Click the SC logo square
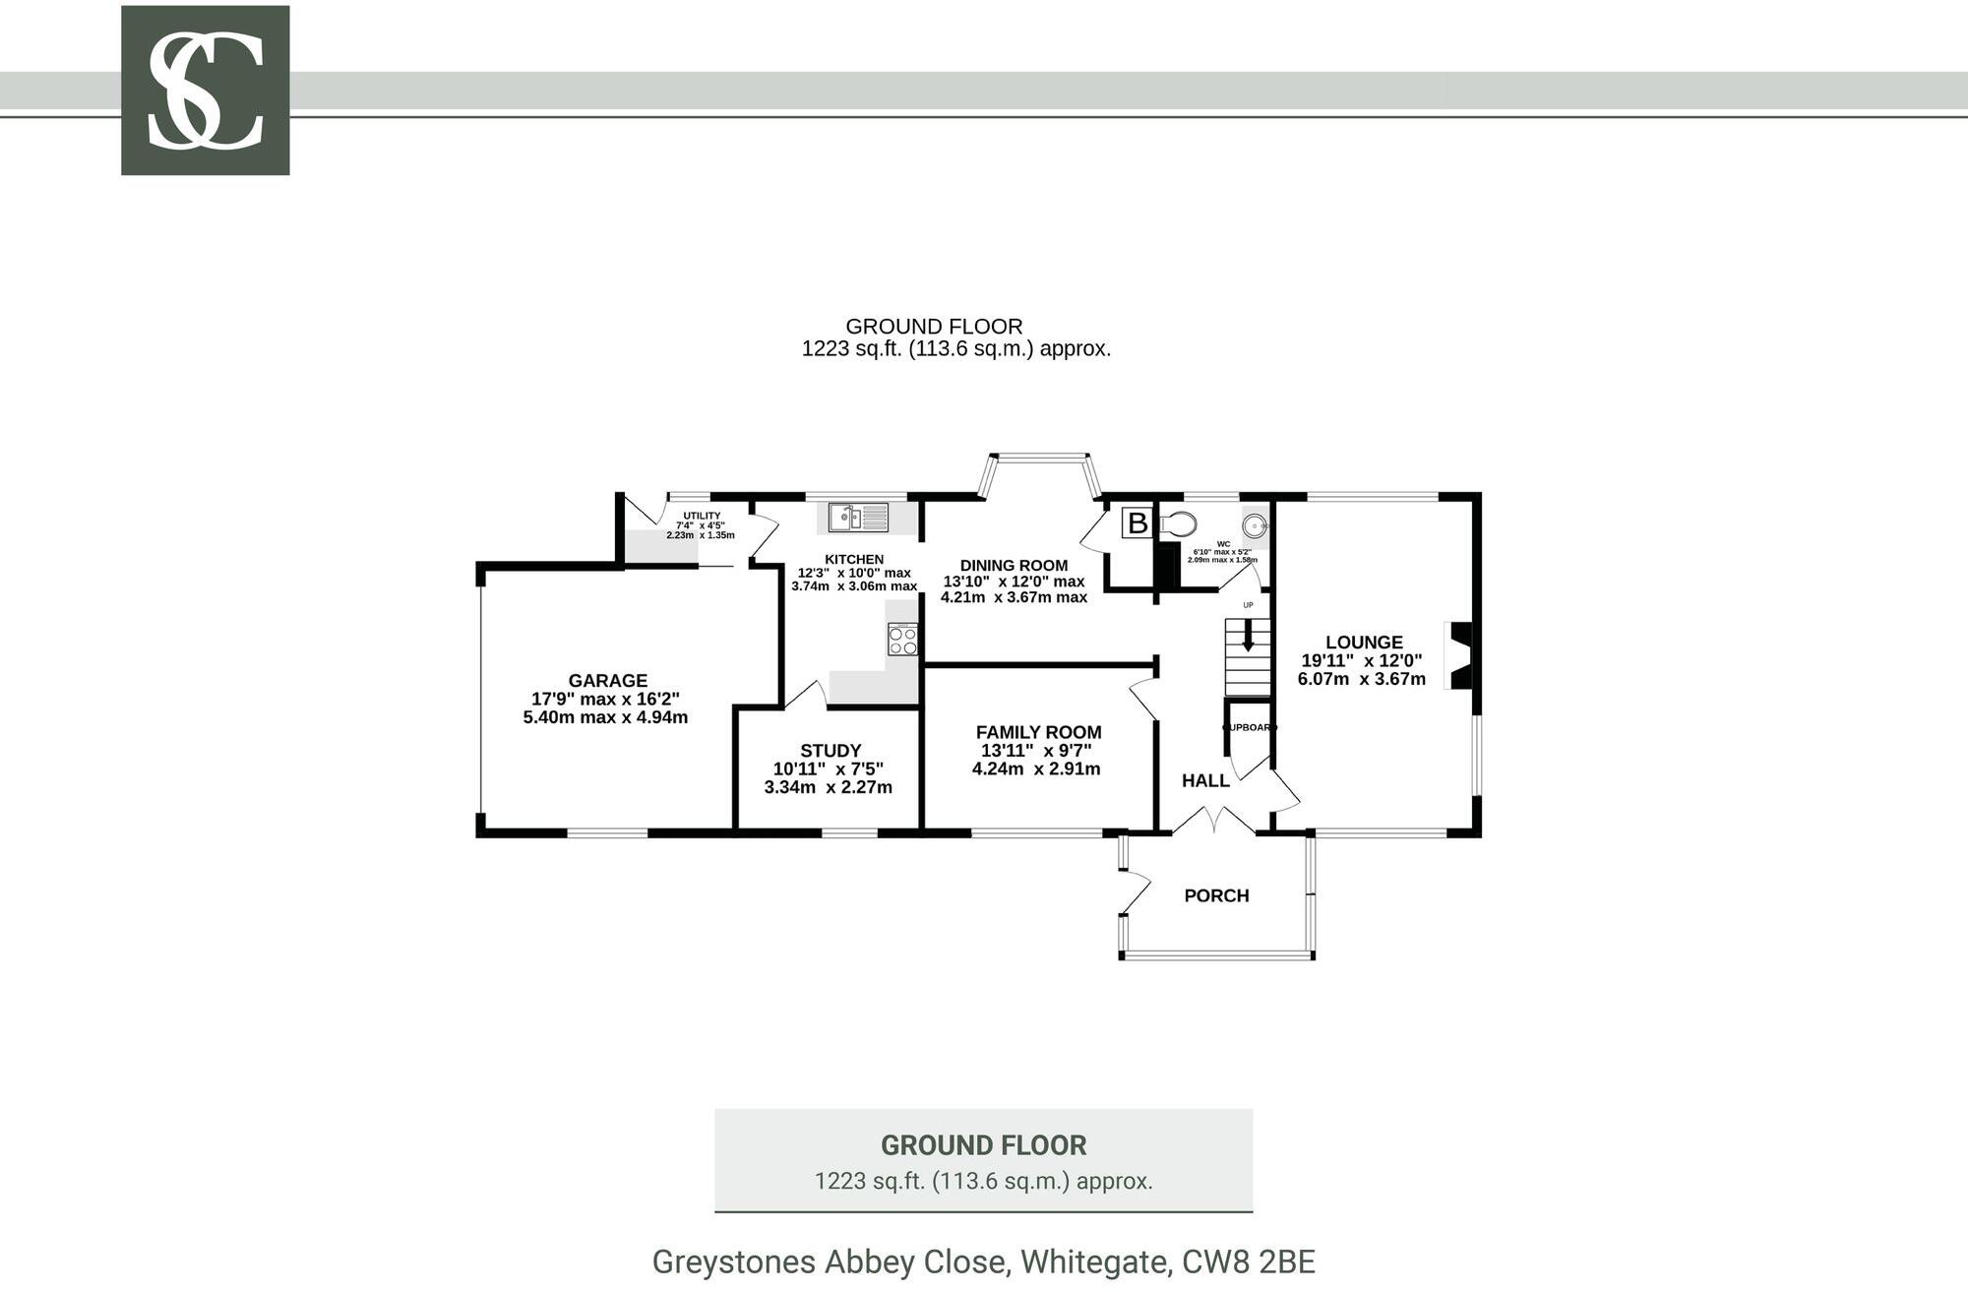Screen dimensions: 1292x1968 pos(205,91)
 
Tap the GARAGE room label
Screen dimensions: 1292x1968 pos(607,681)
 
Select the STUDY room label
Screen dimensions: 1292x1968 pos(830,751)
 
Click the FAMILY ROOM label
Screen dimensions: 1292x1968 pos(1038,732)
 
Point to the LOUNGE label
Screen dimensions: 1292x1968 pos(1363,643)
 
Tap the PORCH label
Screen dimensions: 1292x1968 pos(1216,895)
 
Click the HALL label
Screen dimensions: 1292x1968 pos(1204,780)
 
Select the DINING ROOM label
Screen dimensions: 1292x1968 pos(1014,565)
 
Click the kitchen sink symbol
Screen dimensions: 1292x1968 pos(858,516)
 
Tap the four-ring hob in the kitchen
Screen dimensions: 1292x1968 pos(902,640)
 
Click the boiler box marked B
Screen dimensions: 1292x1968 pos(1137,523)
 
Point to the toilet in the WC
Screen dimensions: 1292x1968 pos(1178,523)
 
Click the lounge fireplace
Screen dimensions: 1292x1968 pos(1460,655)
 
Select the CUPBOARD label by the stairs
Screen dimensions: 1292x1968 pos(1249,727)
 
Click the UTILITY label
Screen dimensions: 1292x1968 pos(702,516)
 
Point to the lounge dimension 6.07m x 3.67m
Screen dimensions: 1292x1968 pos(1361,679)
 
